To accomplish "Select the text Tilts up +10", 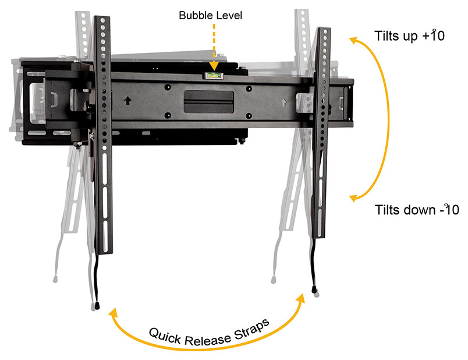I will pos(410,36).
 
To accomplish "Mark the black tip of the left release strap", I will pos(96,305).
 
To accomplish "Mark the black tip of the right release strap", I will pos(314,289).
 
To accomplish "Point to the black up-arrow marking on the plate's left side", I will pos(127,100).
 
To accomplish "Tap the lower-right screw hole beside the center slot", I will pos(249,114).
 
